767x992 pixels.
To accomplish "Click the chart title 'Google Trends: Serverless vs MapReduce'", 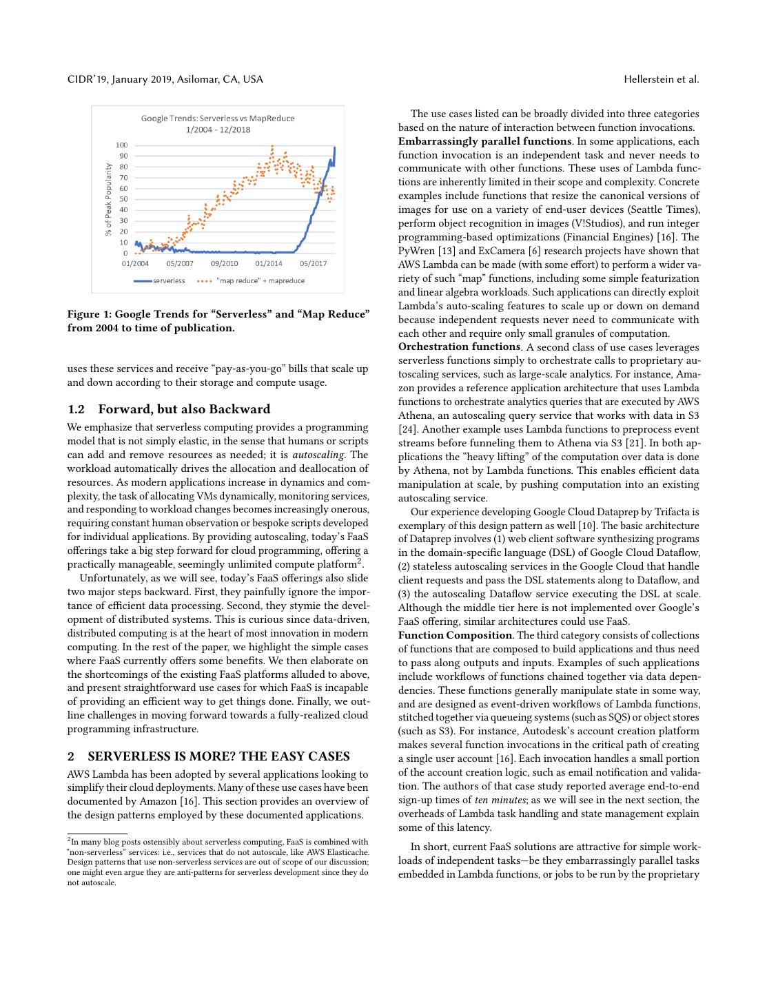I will click(x=218, y=118).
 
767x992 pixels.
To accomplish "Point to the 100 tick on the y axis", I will click(x=122, y=145).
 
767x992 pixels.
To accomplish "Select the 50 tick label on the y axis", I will click(x=124, y=199).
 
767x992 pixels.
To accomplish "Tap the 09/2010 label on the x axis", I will click(x=225, y=263).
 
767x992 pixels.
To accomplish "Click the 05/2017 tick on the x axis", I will click(x=314, y=263).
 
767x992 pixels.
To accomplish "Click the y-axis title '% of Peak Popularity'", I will click(x=108, y=199).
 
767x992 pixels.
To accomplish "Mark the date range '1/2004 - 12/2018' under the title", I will click(x=218, y=130).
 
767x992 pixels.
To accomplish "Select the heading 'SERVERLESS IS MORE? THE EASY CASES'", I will click(x=218, y=756).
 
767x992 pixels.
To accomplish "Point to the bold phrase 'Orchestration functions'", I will click(x=459, y=347).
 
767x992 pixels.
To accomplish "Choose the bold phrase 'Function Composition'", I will click(x=455, y=635).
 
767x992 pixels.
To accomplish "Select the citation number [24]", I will click(x=407, y=430).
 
